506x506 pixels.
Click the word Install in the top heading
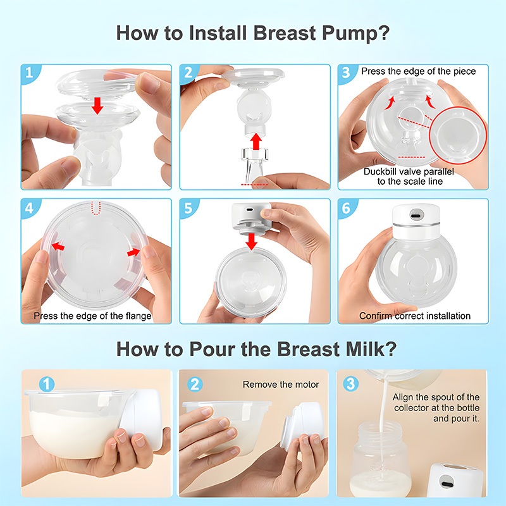click(x=218, y=33)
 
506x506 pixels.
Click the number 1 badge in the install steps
click(x=29, y=72)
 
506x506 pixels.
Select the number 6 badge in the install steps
click(x=346, y=208)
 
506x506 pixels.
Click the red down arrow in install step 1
click(x=97, y=106)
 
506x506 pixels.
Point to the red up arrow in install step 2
click(x=256, y=141)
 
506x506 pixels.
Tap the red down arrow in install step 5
click(x=251, y=242)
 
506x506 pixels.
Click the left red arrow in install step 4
click(x=58, y=247)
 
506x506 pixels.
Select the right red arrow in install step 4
click(x=133, y=252)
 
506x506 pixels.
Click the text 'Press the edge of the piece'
click(x=418, y=71)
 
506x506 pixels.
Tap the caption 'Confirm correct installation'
click(x=415, y=316)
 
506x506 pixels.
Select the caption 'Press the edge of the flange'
click(x=92, y=316)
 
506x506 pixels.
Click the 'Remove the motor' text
click(x=280, y=385)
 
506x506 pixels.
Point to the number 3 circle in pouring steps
click(x=350, y=384)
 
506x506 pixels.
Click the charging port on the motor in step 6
click(x=416, y=215)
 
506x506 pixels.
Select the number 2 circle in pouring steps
click(x=195, y=385)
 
